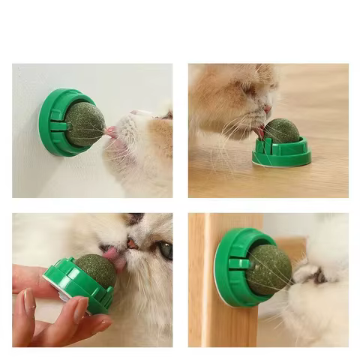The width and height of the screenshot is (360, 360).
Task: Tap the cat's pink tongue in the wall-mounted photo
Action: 111,132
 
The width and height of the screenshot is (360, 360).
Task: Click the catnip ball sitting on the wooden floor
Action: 281,130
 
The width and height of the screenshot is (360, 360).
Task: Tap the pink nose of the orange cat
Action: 268,109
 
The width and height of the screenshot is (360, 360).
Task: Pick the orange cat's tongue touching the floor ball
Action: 260,132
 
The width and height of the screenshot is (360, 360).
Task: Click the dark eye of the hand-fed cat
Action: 164,250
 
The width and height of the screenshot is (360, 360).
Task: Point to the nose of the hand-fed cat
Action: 131,244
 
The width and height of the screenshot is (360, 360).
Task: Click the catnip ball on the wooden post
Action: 269,269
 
